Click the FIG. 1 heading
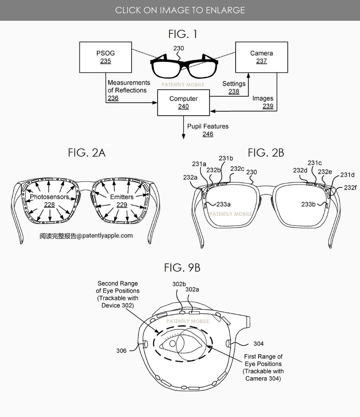(183, 34)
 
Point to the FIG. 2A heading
(87, 153)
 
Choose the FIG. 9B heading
(182, 268)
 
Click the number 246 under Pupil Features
(208, 134)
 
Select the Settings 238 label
(234, 87)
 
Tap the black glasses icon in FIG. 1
(184, 66)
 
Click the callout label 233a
(223, 204)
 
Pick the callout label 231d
(347, 175)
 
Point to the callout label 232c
(237, 169)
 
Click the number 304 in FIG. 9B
(259, 344)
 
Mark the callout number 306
(121, 351)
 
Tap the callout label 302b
(179, 284)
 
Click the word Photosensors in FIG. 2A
(50, 197)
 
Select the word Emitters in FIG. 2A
(122, 197)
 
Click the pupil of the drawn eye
(173, 344)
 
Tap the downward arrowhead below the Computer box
(183, 137)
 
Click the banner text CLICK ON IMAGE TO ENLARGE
(180, 10)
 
